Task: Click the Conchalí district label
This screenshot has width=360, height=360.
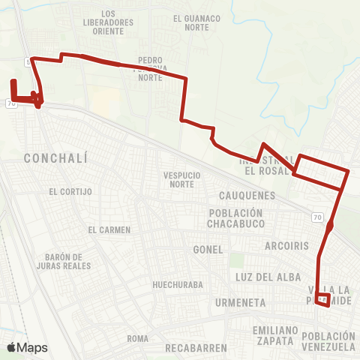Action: [56, 158]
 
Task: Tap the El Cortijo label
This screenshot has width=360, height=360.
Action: [70, 191]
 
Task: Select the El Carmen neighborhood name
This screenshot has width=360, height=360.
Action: [109, 229]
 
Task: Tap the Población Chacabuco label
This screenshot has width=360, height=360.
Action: [235, 218]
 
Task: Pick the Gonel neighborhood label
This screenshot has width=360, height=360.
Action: [208, 249]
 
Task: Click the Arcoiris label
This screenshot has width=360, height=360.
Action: [286, 245]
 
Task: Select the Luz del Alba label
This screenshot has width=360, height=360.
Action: [262, 277]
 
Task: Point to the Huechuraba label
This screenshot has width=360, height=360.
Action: [174, 285]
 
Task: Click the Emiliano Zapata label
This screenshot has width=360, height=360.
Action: [272, 335]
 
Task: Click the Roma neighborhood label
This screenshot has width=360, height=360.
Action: [137, 339]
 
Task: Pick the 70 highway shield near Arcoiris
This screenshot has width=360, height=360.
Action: [317, 217]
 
